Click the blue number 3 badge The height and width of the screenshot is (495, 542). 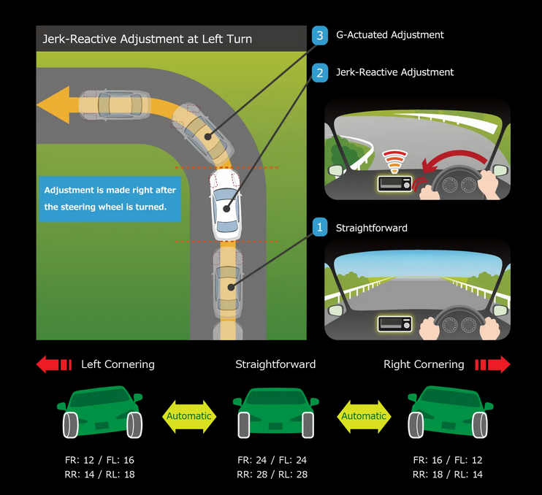click(319, 35)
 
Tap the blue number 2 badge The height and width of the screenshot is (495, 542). click(319, 73)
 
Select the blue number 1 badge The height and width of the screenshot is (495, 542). click(319, 228)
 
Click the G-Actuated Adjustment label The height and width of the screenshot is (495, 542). click(389, 35)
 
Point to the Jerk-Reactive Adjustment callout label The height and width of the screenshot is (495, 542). click(394, 72)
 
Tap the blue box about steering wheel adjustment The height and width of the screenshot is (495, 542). click(110, 199)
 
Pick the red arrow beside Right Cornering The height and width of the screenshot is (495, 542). click(492, 364)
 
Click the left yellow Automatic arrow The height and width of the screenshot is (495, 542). click(189, 416)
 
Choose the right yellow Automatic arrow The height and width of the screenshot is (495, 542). click(364, 416)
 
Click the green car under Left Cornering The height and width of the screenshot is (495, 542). click(101, 412)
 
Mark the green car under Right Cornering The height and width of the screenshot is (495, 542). click(449, 412)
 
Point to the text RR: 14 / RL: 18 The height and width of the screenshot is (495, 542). click(99, 475)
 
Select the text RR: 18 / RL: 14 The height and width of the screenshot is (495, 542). click(448, 475)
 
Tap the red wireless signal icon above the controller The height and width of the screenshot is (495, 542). click(394, 161)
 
